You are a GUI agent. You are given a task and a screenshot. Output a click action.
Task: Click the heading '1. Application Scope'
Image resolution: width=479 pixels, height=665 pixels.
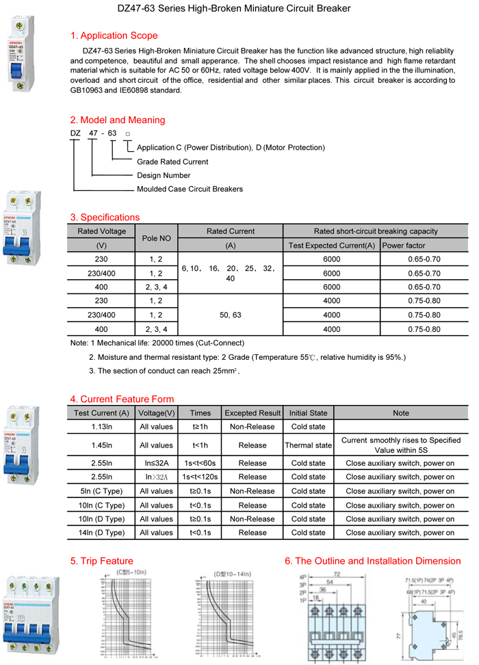click(114, 36)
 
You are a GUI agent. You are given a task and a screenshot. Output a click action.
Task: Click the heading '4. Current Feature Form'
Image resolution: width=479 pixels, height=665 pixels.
click(122, 399)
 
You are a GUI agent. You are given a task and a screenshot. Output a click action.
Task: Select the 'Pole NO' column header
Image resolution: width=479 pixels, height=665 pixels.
click(155, 238)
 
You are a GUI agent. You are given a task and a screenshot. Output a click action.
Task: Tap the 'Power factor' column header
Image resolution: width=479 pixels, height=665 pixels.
click(404, 245)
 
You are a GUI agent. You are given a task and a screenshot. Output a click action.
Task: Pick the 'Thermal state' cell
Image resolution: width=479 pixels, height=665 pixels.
click(308, 445)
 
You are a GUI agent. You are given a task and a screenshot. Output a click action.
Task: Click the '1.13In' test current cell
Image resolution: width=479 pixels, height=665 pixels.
click(101, 426)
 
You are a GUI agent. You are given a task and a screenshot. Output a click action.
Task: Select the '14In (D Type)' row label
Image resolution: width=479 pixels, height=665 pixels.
click(101, 532)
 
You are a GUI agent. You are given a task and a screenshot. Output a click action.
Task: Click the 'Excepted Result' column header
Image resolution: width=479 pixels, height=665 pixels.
click(253, 413)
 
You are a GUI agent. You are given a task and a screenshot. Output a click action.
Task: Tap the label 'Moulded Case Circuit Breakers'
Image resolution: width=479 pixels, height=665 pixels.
click(190, 189)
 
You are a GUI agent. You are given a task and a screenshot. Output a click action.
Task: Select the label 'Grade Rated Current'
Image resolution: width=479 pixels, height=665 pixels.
click(172, 161)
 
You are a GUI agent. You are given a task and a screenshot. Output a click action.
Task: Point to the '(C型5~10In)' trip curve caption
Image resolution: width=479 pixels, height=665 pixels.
click(131, 571)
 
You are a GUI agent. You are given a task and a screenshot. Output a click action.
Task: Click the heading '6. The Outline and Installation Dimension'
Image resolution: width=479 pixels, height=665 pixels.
click(373, 561)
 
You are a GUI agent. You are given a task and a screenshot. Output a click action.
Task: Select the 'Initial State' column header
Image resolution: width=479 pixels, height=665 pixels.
click(308, 413)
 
